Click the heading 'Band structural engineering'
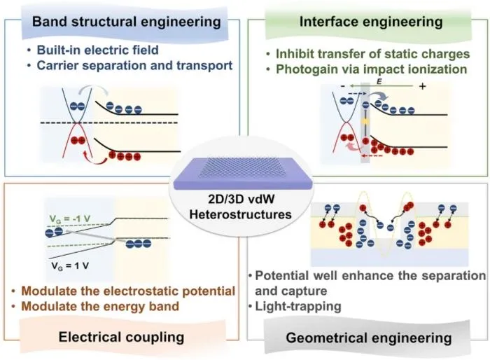[x=127, y=22]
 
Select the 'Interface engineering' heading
[x=371, y=22]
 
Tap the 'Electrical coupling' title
[x=121, y=337]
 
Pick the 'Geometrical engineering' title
[x=369, y=338]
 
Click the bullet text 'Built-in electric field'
[x=97, y=50]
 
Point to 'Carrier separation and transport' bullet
[x=134, y=65]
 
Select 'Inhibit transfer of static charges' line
[x=373, y=54]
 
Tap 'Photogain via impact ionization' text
[x=372, y=69]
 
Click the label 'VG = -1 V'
[x=70, y=219]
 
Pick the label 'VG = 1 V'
[x=70, y=266]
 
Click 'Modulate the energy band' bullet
[x=100, y=306]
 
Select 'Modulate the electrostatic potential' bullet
[x=128, y=291]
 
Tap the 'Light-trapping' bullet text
[x=298, y=306]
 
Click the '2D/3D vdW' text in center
[x=241, y=199]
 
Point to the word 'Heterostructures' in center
[x=240, y=214]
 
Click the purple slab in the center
[x=243, y=174]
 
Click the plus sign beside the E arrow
[x=423, y=86]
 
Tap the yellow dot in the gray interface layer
[x=365, y=121]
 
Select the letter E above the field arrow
[x=379, y=82]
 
